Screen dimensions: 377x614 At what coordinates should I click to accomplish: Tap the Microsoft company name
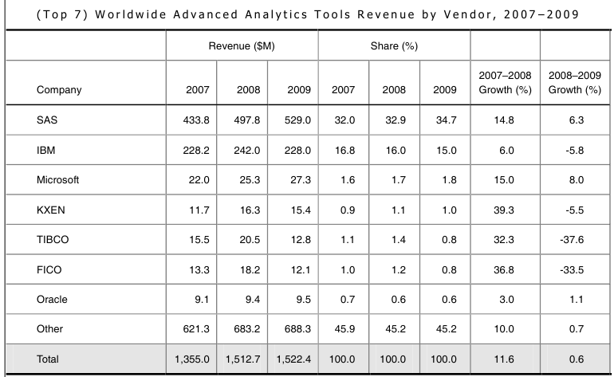(57, 180)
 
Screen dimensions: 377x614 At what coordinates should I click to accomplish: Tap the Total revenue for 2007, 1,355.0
(192, 359)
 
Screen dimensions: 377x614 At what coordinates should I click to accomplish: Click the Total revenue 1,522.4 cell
(292, 359)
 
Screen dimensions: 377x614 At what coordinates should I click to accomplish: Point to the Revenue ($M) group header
(242, 45)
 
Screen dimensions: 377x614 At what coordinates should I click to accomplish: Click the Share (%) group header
(394, 45)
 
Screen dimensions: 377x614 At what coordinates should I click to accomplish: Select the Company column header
(59, 90)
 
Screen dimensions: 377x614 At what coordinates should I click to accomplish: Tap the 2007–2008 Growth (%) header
(505, 83)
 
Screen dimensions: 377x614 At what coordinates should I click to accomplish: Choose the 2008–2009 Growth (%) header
(575, 83)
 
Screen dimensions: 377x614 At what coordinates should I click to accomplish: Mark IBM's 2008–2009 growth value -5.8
(575, 151)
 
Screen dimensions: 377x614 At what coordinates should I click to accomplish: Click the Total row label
(48, 359)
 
